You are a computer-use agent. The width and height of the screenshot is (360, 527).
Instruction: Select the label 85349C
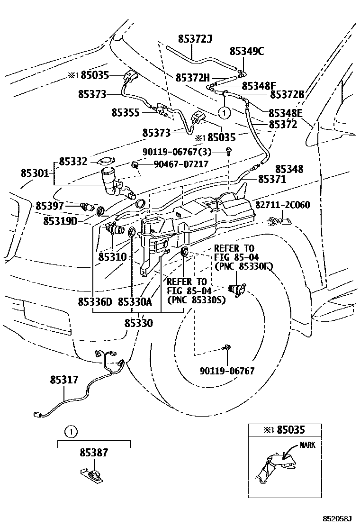click(x=247, y=51)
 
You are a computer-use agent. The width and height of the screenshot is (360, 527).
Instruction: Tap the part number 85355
click(x=126, y=112)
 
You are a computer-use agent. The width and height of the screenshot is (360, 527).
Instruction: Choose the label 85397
click(x=49, y=206)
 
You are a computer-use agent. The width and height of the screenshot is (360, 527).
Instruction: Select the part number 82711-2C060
click(x=283, y=205)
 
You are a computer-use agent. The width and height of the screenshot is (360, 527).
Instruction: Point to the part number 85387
click(x=93, y=453)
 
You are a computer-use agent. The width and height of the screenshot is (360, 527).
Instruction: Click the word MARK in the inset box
click(x=307, y=445)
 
